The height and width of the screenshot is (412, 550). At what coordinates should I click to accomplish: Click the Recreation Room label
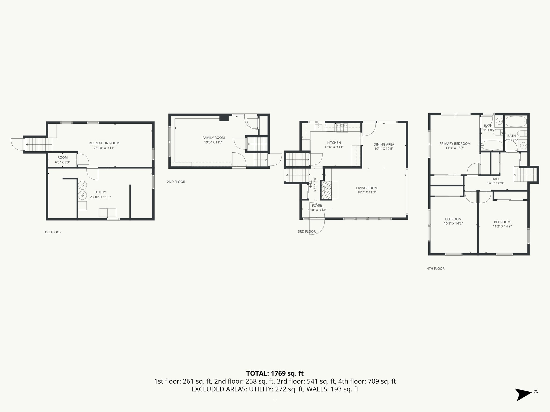point(104,143)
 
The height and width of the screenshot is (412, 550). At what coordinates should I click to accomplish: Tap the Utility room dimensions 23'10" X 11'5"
point(100,197)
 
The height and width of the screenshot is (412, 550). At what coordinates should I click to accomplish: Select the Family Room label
point(214,138)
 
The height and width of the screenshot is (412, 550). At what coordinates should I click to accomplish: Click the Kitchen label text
point(334,143)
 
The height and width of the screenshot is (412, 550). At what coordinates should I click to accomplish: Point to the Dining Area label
point(384,144)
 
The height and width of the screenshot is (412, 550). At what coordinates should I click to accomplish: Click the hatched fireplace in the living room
point(327,190)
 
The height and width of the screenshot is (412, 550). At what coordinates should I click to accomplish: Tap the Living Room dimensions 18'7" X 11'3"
point(367,192)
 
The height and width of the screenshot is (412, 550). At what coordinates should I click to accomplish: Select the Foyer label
point(317,206)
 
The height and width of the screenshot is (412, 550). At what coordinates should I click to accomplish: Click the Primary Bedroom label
point(455,144)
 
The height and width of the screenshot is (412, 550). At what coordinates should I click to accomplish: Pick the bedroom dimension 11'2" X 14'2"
point(502,226)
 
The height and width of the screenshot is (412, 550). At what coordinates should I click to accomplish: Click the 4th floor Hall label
point(495,179)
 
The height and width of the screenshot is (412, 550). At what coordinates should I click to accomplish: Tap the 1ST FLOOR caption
point(53,232)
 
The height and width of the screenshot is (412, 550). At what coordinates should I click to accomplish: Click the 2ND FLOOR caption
point(176,182)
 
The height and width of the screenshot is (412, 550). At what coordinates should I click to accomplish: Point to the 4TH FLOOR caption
point(436,268)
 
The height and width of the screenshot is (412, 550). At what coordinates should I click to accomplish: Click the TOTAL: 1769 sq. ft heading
point(275,373)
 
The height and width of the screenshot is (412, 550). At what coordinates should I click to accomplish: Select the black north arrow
point(523,395)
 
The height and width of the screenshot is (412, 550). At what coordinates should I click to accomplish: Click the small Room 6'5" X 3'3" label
point(63,160)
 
